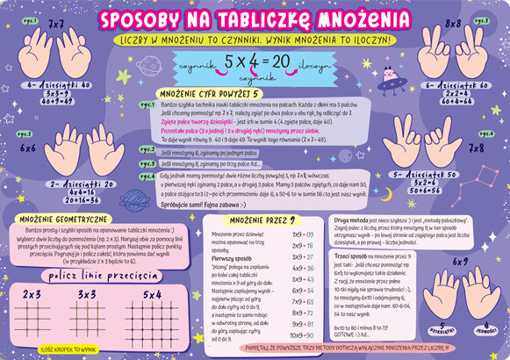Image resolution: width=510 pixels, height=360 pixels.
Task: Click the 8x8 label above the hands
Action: [x=454, y=24]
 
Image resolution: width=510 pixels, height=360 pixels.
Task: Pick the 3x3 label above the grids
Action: [x=87, y=294]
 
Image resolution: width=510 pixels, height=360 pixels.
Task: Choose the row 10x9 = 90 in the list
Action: [x=304, y=335]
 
